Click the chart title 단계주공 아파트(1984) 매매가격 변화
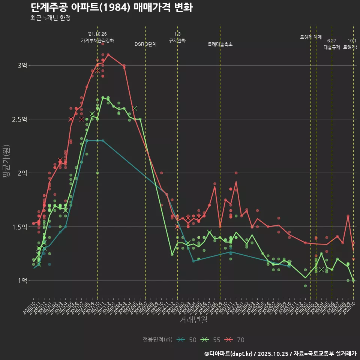point(111,7)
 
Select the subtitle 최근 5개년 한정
point(50,18)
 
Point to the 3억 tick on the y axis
point(22,66)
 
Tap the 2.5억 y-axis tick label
point(20,119)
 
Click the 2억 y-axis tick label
point(22,173)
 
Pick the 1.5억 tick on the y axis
point(20,227)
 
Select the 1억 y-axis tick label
point(22,280)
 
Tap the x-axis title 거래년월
point(193,320)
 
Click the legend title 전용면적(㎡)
point(157,340)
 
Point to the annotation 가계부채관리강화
point(97,40)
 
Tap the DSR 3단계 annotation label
point(145,44)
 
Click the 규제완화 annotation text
point(177,40)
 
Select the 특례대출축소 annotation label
point(220,44)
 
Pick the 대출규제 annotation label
point(332,47)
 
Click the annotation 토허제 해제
point(311,37)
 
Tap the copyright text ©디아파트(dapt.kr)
point(229,353)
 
